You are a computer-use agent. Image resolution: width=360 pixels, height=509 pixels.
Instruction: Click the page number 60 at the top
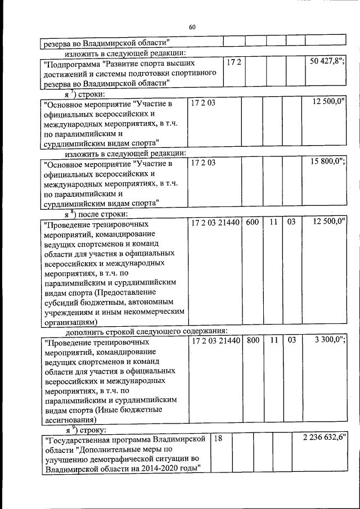[192, 27]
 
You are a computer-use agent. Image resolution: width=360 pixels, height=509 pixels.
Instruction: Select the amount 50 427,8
[327, 61]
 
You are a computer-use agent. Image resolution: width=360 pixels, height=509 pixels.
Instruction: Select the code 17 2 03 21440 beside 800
[216, 340]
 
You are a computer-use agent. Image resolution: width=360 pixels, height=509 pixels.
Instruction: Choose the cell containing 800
[253, 340]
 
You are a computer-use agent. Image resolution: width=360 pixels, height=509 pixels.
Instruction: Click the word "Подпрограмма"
[73, 63]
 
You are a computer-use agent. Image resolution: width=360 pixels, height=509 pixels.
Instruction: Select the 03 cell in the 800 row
[291, 340]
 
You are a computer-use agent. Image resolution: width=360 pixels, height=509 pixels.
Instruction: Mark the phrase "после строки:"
[103, 214]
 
